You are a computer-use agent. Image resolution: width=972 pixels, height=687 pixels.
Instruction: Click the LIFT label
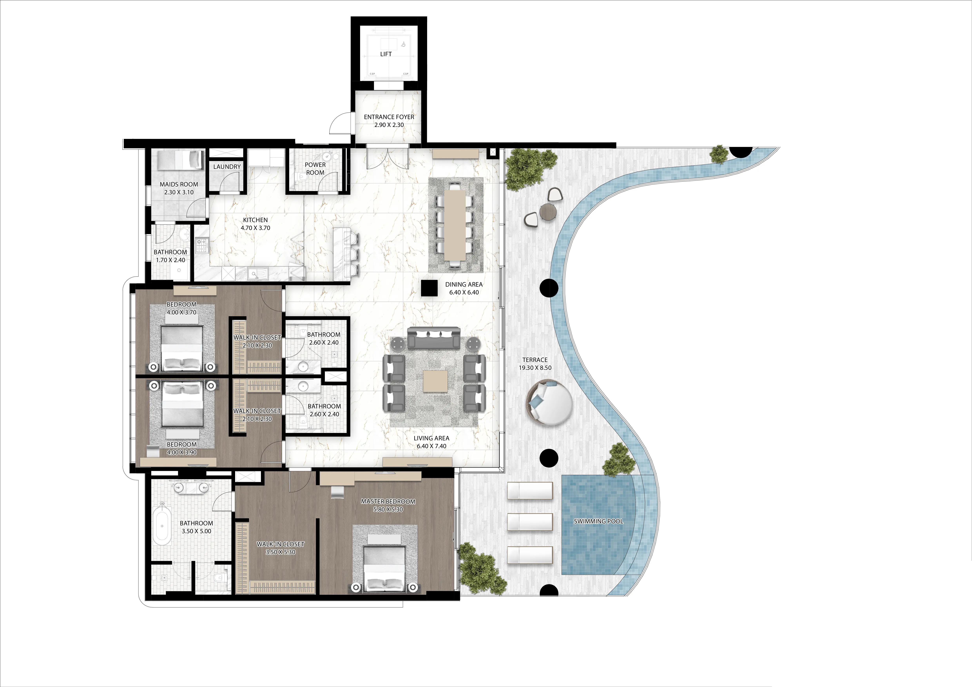pos(386,54)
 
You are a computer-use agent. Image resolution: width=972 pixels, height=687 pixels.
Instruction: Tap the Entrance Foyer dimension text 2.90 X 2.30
pos(389,125)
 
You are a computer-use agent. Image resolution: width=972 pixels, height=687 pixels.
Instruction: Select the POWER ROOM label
pos(315,168)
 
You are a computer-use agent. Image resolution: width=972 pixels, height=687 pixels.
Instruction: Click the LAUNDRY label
pos(227,167)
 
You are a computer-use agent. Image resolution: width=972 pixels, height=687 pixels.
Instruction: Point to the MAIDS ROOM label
pos(179,185)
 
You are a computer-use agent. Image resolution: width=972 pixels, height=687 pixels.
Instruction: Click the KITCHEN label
pos(255,220)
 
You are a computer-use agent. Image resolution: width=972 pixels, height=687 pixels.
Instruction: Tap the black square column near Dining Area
pos(429,289)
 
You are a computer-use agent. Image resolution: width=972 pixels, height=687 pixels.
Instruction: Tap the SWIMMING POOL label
pos(598,521)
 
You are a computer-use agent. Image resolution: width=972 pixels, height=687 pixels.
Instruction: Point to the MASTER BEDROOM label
pos(388,502)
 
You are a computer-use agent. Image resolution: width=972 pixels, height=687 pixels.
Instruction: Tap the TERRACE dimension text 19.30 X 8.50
pos(535,368)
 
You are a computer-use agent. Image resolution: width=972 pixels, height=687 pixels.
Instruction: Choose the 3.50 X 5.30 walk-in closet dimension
pos(280,552)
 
